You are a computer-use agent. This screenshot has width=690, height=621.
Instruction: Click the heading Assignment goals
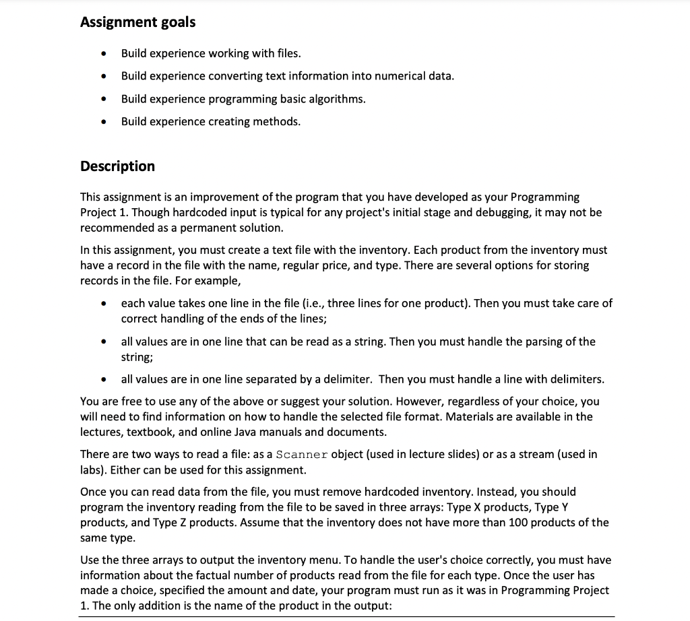137,22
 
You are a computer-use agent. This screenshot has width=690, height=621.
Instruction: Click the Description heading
117,166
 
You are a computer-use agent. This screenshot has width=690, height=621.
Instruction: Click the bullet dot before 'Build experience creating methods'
103,122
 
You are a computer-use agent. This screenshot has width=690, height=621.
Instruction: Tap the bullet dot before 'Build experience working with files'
103,53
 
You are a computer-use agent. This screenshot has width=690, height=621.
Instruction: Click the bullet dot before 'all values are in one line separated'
103,380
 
